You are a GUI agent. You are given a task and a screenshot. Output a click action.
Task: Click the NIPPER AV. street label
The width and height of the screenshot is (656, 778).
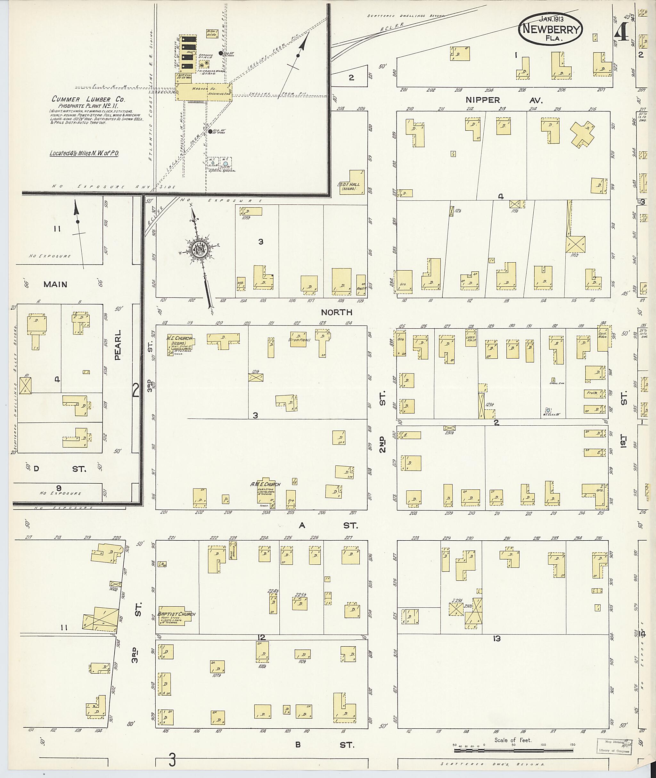pos(504,100)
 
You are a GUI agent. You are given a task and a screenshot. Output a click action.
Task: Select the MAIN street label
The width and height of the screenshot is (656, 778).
pos(55,284)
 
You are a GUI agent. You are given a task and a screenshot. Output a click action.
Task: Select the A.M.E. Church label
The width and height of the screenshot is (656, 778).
pos(266,484)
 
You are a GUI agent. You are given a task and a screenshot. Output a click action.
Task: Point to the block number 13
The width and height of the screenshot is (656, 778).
pos(496,639)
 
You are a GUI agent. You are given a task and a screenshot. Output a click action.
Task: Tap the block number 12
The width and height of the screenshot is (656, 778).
pos(261,638)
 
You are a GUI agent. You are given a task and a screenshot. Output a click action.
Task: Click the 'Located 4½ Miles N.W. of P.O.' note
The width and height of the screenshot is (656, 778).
pos(84,153)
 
